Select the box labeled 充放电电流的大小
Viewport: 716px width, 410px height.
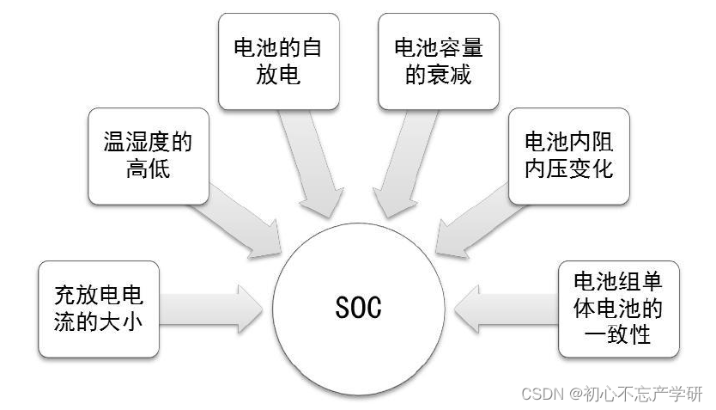(99, 309)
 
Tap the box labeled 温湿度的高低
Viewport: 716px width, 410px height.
(149, 156)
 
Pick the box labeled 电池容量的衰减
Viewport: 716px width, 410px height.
(439, 61)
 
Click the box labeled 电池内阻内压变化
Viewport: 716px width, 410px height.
(569, 156)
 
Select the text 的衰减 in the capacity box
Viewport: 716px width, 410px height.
(439, 74)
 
